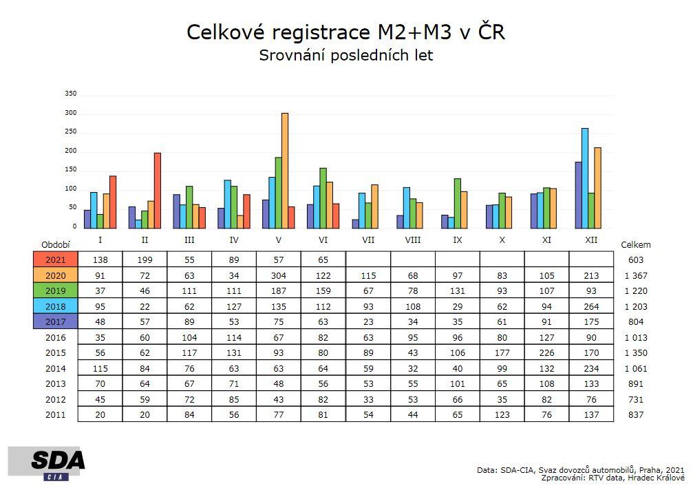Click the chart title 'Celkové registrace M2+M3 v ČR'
(x=345, y=32)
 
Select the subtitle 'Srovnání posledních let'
(x=345, y=56)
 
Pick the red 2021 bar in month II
(x=158, y=191)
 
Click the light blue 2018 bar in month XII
(x=585, y=178)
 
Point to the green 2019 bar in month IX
(x=457, y=204)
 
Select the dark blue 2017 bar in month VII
(x=355, y=224)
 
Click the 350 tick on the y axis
(x=71, y=94)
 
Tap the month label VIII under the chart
(x=413, y=240)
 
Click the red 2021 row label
(x=55, y=260)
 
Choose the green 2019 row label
(x=55, y=291)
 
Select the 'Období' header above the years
(x=56, y=244)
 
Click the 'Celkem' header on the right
(x=635, y=244)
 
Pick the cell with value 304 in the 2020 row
(x=279, y=275)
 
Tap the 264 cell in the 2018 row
(x=591, y=306)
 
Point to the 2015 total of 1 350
(x=635, y=353)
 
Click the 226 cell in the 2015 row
(x=546, y=353)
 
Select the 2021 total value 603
(x=635, y=260)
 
